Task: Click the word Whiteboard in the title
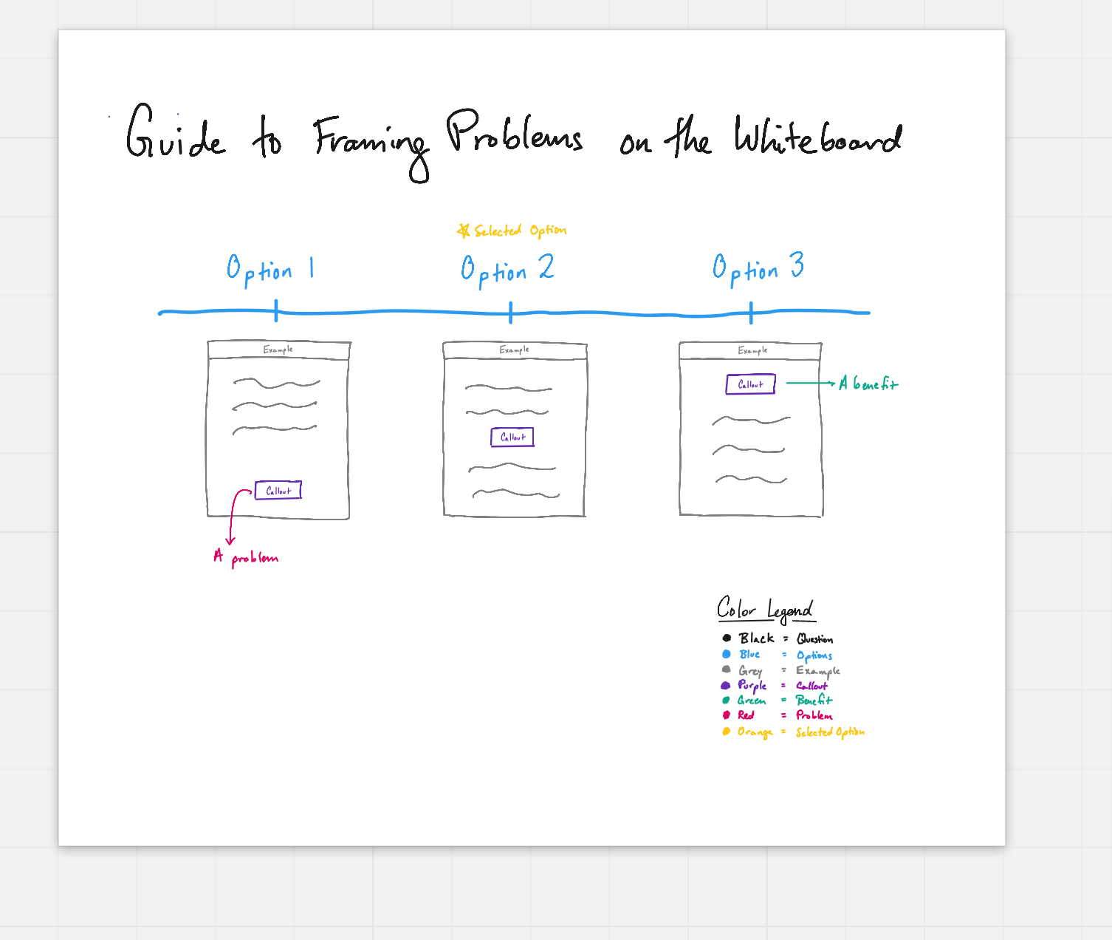pyautogui.click(x=817, y=135)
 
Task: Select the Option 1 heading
pyautogui.click(x=270, y=270)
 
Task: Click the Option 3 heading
pyautogui.click(x=758, y=268)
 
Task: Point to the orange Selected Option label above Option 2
pyautogui.click(x=520, y=231)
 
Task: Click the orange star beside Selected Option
pyautogui.click(x=464, y=231)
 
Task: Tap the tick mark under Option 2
pyautogui.click(x=510, y=313)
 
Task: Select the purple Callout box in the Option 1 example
pyautogui.click(x=278, y=490)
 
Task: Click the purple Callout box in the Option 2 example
pyautogui.click(x=512, y=437)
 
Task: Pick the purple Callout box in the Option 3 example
pyautogui.click(x=750, y=384)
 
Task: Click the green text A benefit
pyautogui.click(x=868, y=384)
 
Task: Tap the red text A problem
pyautogui.click(x=246, y=557)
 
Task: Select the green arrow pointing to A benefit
pyautogui.click(x=811, y=383)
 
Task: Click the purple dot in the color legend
pyautogui.click(x=725, y=685)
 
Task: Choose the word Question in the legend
pyautogui.click(x=814, y=638)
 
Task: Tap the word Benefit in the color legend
pyautogui.click(x=814, y=700)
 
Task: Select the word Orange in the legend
pyautogui.click(x=755, y=732)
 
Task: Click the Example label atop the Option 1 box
pyautogui.click(x=278, y=350)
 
